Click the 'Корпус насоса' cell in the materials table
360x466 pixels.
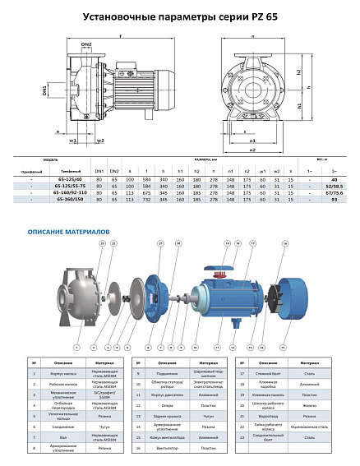[55, 374]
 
